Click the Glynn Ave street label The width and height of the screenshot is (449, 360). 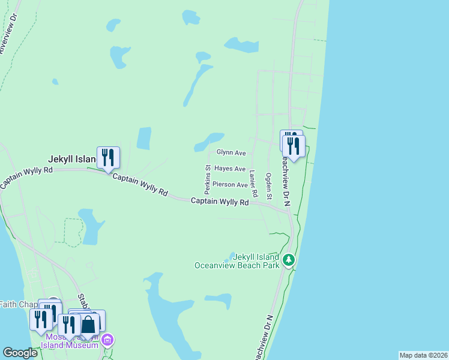pos(231,153)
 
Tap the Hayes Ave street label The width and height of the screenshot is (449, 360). pos(230,169)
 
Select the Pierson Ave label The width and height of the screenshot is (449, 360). pos(230,185)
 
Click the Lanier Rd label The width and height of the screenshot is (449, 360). pos(253,184)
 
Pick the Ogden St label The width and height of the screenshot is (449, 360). pos(269,186)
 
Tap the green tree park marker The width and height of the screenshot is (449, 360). pos(289,260)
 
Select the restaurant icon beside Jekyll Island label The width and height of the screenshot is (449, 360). pos(108,157)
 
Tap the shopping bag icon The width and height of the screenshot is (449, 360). pos(88,325)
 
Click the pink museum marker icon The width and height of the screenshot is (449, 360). pos(107,341)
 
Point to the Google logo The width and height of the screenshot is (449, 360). pos(20,353)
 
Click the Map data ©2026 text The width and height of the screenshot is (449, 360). pos(423,355)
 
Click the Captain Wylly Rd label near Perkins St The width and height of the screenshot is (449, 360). pos(220,202)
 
